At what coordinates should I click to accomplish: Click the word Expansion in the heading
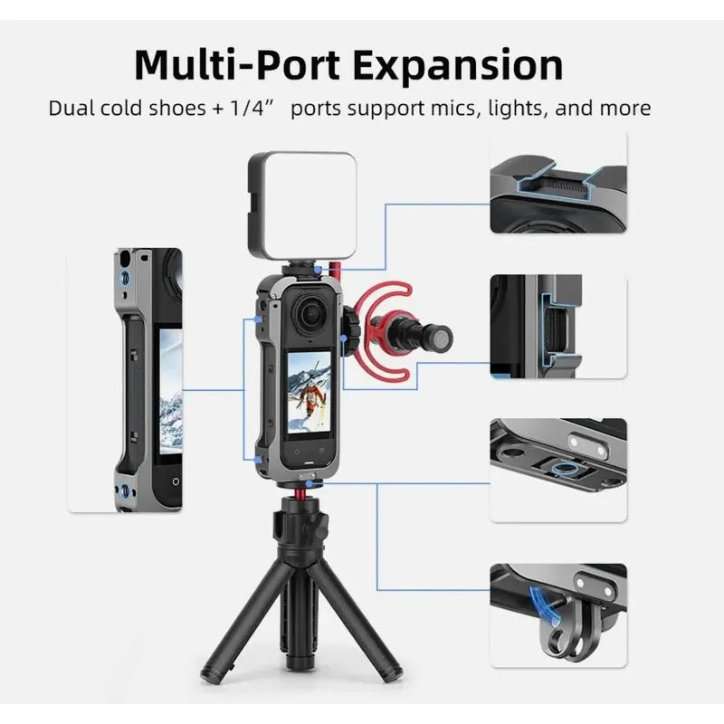pos(458,65)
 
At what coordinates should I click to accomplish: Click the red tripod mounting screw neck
pos(301,495)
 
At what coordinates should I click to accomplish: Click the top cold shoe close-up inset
pos(558,183)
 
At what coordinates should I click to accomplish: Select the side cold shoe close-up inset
pos(558,327)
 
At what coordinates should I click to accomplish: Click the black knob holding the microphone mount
pos(352,330)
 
